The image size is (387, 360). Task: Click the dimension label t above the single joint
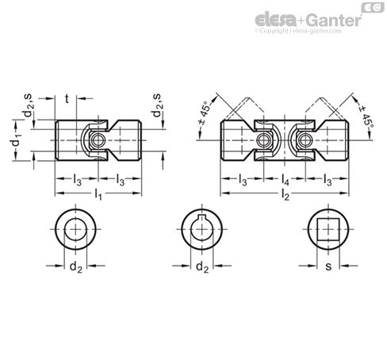coord(67,99)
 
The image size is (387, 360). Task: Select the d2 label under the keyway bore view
coord(203,268)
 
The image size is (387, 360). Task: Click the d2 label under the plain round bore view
coord(76,268)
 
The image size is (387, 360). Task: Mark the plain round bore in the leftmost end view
coord(76,230)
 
